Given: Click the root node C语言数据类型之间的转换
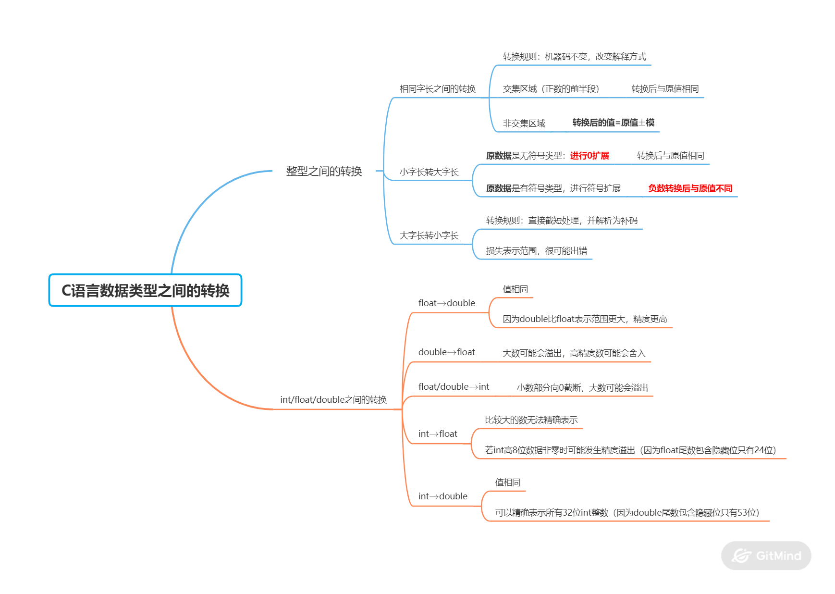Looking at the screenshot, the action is pos(145,290).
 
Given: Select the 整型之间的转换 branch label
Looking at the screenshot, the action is pos(324,171).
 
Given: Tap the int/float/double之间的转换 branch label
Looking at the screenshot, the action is pos(333,400).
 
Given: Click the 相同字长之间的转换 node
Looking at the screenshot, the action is pos(437,89).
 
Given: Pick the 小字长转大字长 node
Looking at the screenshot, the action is pos(429,172).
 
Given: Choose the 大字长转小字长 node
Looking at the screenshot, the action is pos(429,235).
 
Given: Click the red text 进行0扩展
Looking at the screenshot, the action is pos(589,156).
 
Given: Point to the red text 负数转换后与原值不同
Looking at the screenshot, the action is pos(690,188).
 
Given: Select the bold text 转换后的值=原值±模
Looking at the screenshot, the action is pos(613,123).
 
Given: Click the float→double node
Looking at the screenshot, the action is pos(446,303).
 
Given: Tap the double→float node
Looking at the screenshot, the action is pos(446,352).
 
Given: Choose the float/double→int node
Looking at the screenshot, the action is pos(454,387).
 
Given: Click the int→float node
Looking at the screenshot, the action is pos(438,434).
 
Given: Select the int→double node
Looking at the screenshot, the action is pos(442,496).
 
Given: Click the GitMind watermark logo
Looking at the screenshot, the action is pos(766,556).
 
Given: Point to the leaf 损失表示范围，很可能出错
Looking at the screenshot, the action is pos(536,251).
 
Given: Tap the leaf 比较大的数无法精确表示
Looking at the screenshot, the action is pos(531,420).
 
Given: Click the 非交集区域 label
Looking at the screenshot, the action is pos(524,124).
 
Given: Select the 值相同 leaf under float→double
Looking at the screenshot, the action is pos(515,289).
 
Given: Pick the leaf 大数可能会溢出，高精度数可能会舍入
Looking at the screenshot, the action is pos(574,353).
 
